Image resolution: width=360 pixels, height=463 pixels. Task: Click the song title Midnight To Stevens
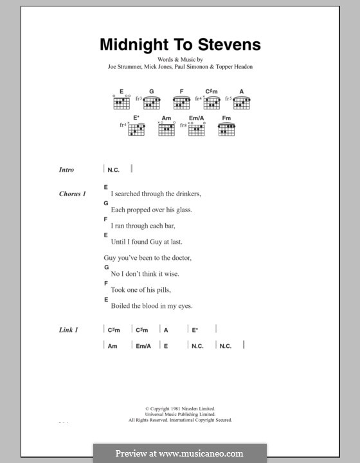pos(179,45)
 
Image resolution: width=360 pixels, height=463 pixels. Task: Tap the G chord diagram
pos(152,101)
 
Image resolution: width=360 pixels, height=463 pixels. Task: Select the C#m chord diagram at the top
pos(213,101)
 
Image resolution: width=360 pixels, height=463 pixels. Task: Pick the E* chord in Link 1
pos(195,330)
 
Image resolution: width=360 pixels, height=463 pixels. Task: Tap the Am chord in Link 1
pos(112,345)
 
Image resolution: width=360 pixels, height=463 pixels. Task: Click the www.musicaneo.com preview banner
pos(180,453)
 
